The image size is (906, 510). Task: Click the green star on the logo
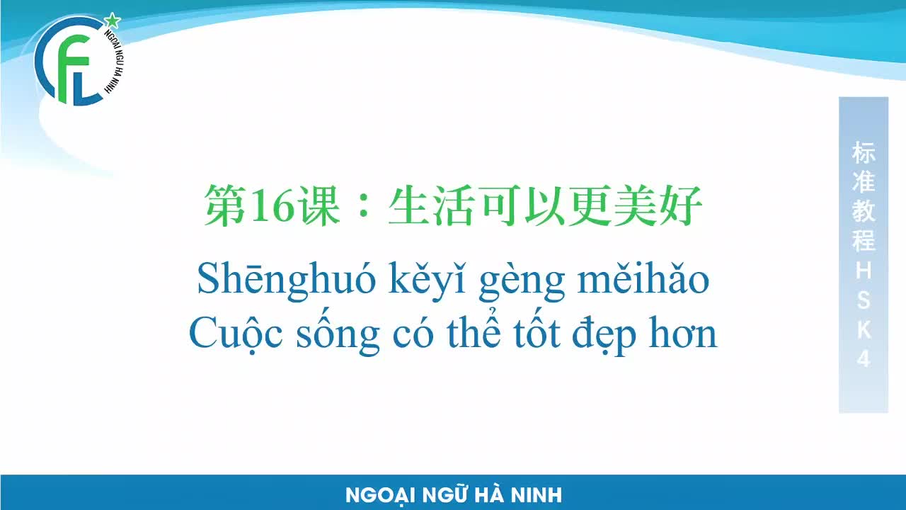point(113,21)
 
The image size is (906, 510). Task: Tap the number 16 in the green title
point(273,205)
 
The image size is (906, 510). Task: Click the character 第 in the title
point(226,205)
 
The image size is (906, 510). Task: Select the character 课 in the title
point(319,205)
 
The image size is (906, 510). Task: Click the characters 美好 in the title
point(658,205)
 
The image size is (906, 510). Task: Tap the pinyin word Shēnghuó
point(287,280)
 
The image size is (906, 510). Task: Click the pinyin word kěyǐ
point(428,280)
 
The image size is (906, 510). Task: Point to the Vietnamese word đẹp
point(604,335)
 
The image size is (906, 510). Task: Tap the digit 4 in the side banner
point(864,358)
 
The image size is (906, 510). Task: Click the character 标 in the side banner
point(864,152)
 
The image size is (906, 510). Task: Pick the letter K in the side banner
point(864,330)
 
